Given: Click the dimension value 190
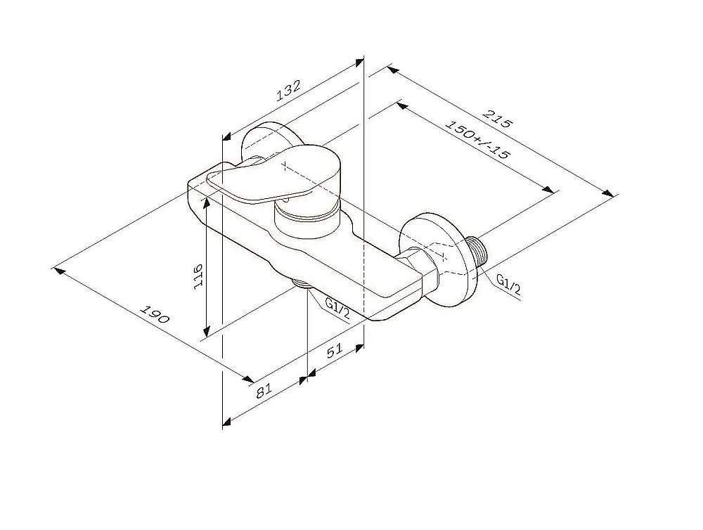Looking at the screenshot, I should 155,314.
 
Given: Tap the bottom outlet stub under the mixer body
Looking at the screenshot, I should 302,284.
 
